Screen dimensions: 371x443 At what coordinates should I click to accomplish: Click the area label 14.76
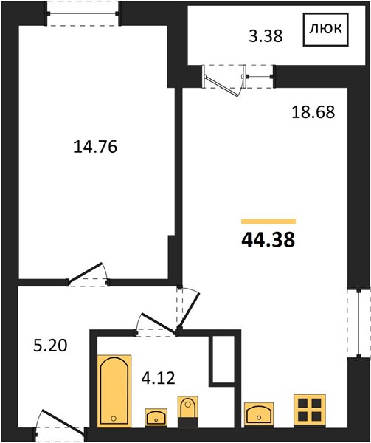[x=95, y=147]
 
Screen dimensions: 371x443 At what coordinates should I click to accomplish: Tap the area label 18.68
[x=313, y=112]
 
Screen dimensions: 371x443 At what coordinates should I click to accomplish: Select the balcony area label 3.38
[x=266, y=36]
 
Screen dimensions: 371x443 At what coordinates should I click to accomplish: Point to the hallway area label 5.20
[x=50, y=346]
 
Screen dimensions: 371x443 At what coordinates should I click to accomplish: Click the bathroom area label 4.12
[x=159, y=378]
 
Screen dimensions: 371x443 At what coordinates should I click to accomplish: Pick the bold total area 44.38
[x=268, y=240]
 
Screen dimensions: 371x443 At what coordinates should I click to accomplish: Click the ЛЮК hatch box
[x=326, y=30]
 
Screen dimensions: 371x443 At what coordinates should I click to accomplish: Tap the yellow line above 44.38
[x=268, y=221]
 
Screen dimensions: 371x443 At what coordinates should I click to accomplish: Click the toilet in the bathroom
[x=187, y=411]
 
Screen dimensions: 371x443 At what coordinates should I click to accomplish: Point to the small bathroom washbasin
[x=156, y=417]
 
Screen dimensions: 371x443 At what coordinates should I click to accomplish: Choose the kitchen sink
[x=259, y=414]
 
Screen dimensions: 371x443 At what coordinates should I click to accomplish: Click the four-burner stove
[x=310, y=411]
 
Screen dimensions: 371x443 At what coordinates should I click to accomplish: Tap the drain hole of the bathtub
[x=114, y=419]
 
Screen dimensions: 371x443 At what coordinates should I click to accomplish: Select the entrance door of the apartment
[x=63, y=421]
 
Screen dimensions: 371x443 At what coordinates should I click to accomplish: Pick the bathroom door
[x=157, y=323]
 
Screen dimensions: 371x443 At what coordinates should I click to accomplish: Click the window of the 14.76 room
[x=83, y=13]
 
